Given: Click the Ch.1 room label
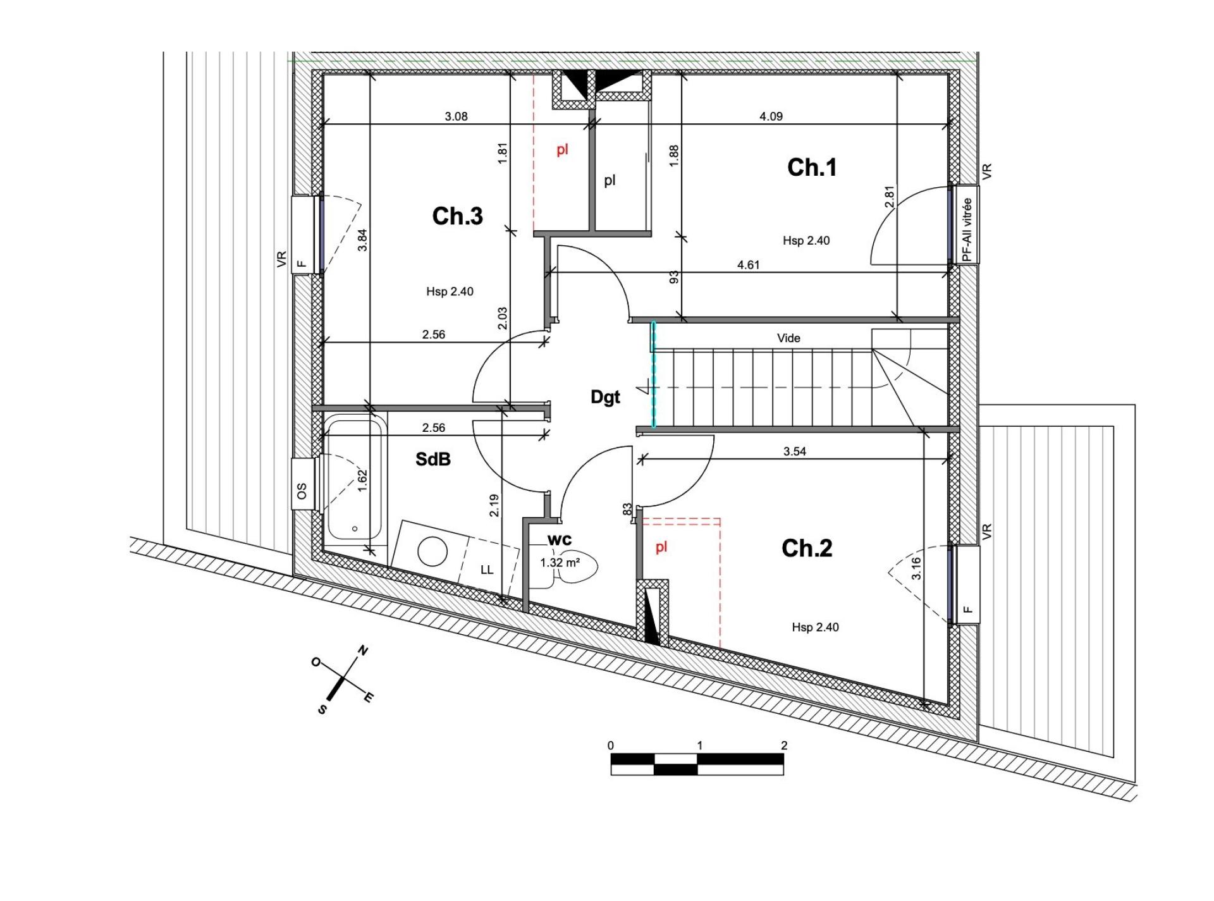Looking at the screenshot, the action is coord(812,168).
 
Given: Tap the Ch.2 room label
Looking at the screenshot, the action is coord(807,548).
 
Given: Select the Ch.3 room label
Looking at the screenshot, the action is coord(457,216).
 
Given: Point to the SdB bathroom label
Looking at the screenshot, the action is coord(433,459).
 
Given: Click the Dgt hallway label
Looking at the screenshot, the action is coord(605,397).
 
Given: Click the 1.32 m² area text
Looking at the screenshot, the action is coord(560,563).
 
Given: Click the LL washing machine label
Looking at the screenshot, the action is coord(486,570).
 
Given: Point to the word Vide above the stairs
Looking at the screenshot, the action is coord(788,338).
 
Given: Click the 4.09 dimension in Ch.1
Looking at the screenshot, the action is coord(771,116).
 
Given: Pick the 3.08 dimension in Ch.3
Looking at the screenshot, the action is coord(456,116).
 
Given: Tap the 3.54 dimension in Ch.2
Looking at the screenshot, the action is coord(795,451).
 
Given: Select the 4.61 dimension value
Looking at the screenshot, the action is coord(748,265).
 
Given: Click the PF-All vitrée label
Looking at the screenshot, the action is coord(967,230).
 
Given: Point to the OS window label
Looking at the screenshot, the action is coord(302,491).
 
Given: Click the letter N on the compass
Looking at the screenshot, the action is coord(363,650).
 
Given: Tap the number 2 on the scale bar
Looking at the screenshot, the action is coord(784,745).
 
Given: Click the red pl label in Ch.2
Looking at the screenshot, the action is coord(661,548).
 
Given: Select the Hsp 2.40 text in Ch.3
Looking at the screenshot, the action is coord(450,291).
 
